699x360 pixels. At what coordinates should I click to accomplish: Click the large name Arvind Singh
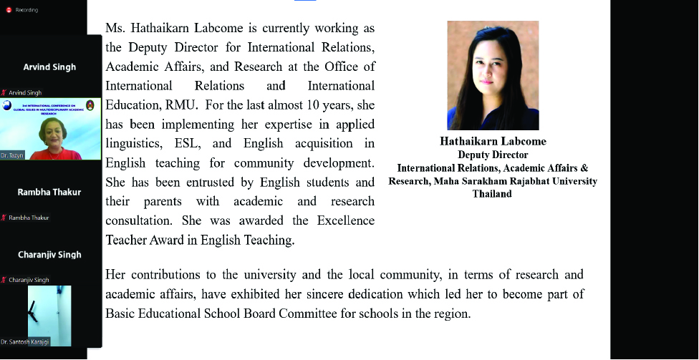point(49,67)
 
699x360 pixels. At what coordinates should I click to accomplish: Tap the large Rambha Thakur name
point(49,192)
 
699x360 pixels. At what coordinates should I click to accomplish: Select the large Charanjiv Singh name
point(49,255)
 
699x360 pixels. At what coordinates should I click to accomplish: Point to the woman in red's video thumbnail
point(50,129)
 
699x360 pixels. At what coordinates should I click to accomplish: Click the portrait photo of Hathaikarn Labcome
point(492,75)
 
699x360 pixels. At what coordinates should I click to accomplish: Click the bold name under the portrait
point(492,141)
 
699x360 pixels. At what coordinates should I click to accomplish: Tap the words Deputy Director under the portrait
point(492,155)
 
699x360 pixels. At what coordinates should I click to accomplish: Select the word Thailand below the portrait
point(492,194)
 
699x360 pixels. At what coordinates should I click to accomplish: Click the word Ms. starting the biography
point(115,29)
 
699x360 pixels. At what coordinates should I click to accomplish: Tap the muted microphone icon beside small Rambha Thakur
point(5,218)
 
